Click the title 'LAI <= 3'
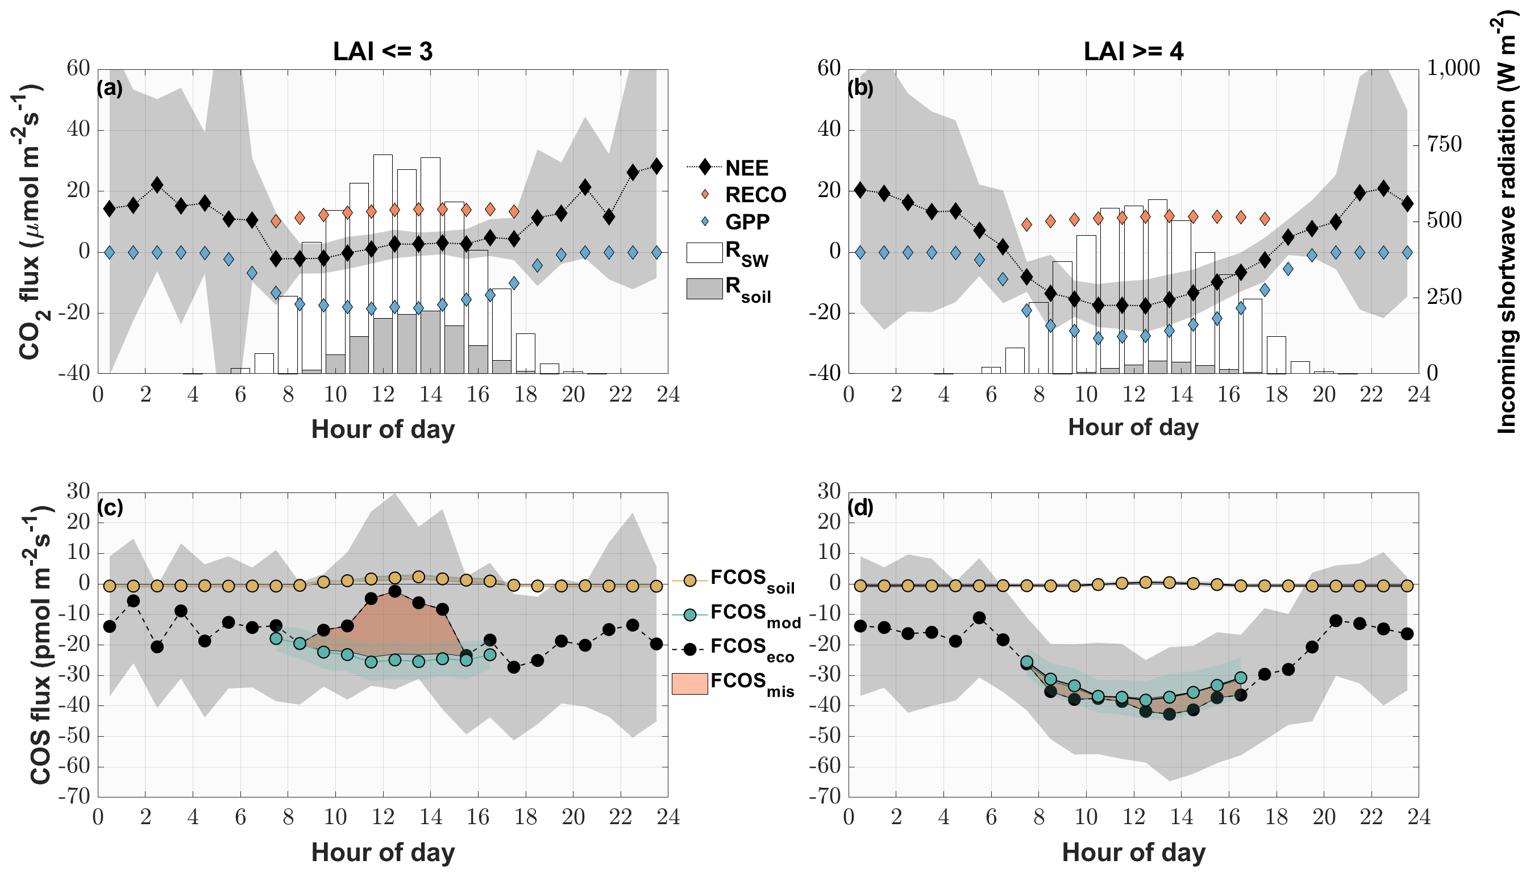coord(382,52)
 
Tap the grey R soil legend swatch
coord(704,289)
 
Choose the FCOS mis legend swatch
coord(689,684)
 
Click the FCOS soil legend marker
coord(690,580)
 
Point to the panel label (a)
coord(110,88)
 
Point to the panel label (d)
coord(860,508)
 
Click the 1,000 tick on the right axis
coord(1453,68)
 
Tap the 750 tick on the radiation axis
coord(1444,145)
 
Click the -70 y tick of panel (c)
coord(74,796)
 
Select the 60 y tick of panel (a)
coord(78,68)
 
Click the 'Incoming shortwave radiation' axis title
coord(1506,223)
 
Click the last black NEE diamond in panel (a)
coord(656,166)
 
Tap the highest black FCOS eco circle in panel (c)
coord(394,591)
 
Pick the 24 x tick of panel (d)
coord(1419,817)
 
